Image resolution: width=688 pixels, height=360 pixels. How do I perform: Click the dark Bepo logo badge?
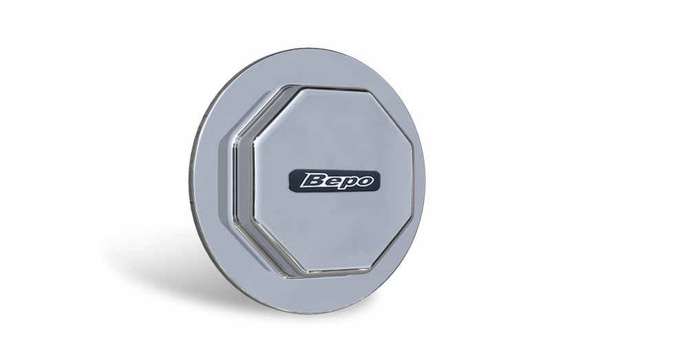tap(334, 180)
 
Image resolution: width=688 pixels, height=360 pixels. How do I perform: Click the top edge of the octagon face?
tap(333, 89)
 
